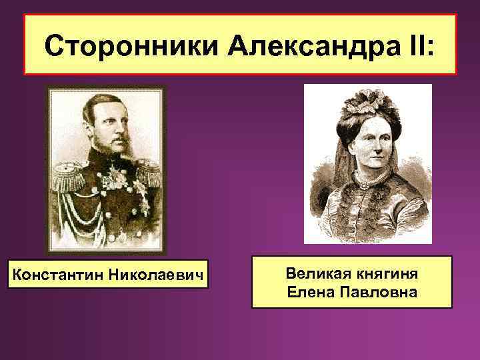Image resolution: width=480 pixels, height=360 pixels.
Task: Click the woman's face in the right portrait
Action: coord(367,143)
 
